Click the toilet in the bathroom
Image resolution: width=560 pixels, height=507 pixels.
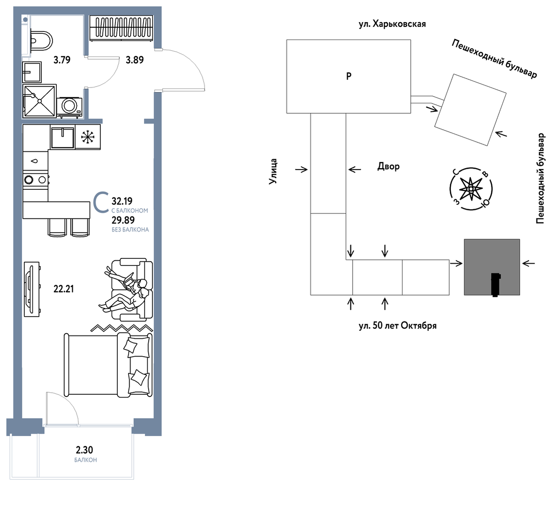coord(41,41)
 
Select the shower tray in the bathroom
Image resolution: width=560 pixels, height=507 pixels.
coord(40,101)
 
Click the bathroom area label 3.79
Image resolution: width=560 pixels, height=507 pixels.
coord(62,60)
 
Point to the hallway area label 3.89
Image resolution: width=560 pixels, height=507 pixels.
coord(135,60)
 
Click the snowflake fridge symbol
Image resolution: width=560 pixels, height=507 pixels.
coord(88,137)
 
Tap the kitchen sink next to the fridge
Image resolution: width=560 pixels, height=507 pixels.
coord(62,137)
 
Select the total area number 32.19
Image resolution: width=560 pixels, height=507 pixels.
coord(122,201)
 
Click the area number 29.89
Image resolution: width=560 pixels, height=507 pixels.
coord(123,220)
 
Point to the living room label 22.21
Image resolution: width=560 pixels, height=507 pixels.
coord(64,289)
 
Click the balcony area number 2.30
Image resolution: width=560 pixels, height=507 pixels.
coord(84,449)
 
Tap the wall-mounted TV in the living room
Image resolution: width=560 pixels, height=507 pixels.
coord(31,289)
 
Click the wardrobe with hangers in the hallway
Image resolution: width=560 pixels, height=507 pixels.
coord(121,28)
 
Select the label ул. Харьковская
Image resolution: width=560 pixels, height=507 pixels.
coord(392,24)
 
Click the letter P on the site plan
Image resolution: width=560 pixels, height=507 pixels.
coord(349,76)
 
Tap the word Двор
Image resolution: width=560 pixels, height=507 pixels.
coord(388,166)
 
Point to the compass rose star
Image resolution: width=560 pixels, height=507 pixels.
coord(471,188)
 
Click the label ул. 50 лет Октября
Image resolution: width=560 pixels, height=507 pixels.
coord(398,326)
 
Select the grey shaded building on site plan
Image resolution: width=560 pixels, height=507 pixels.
coord(492,267)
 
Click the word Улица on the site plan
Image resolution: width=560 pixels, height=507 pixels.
coord(273,172)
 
